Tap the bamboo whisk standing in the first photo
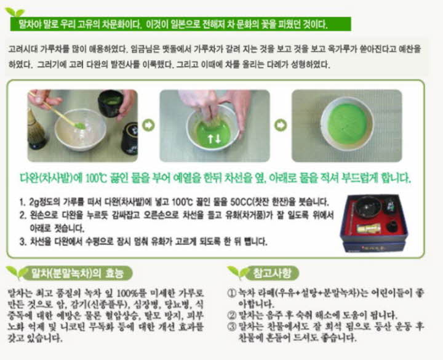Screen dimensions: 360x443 click(x=37, y=130)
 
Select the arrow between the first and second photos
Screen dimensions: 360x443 click(x=148, y=125)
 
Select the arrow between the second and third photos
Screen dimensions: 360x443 click(x=281, y=125)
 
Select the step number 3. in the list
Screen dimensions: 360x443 click(x=23, y=241)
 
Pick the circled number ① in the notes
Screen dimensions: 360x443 click(x=231, y=290)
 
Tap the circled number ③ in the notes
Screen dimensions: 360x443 click(x=231, y=326)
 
